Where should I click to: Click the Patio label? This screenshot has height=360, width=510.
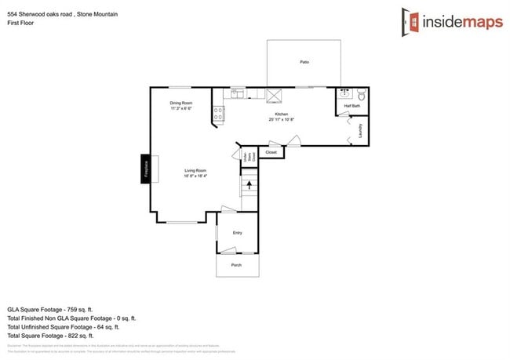click(x=304, y=61)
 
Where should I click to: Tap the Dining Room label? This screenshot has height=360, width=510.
click(x=181, y=103)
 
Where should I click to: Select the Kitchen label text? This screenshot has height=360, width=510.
click(x=281, y=115)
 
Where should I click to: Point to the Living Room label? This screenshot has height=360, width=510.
click(x=195, y=170)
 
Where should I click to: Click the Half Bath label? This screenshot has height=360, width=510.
click(x=352, y=106)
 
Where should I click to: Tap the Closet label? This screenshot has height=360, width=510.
click(x=271, y=151)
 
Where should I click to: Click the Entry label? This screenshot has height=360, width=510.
click(x=237, y=233)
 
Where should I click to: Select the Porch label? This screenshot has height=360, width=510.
click(x=236, y=266)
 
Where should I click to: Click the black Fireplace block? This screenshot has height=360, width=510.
click(x=145, y=168)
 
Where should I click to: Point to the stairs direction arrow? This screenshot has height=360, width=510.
click(x=250, y=186)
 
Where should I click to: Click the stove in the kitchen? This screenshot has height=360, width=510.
click(x=217, y=115)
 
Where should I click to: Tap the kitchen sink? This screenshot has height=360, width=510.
click(x=236, y=94)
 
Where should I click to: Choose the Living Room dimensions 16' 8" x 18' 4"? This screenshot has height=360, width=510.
click(x=195, y=176)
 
